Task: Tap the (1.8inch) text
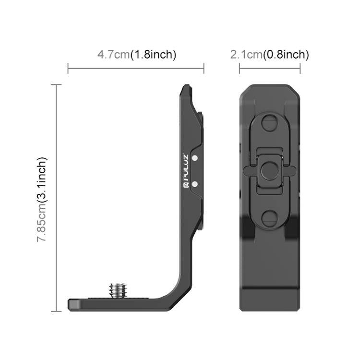pyautogui.click(x=154, y=55)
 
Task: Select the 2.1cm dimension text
pyautogui.click(x=246, y=55)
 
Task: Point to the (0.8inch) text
pyautogui.click(x=286, y=55)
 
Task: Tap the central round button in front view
pyautogui.click(x=270, y=169)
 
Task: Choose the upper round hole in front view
pyautogui.click(x=270, y=124)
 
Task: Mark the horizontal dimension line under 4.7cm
pyautogui.click(x=136, y=68)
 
